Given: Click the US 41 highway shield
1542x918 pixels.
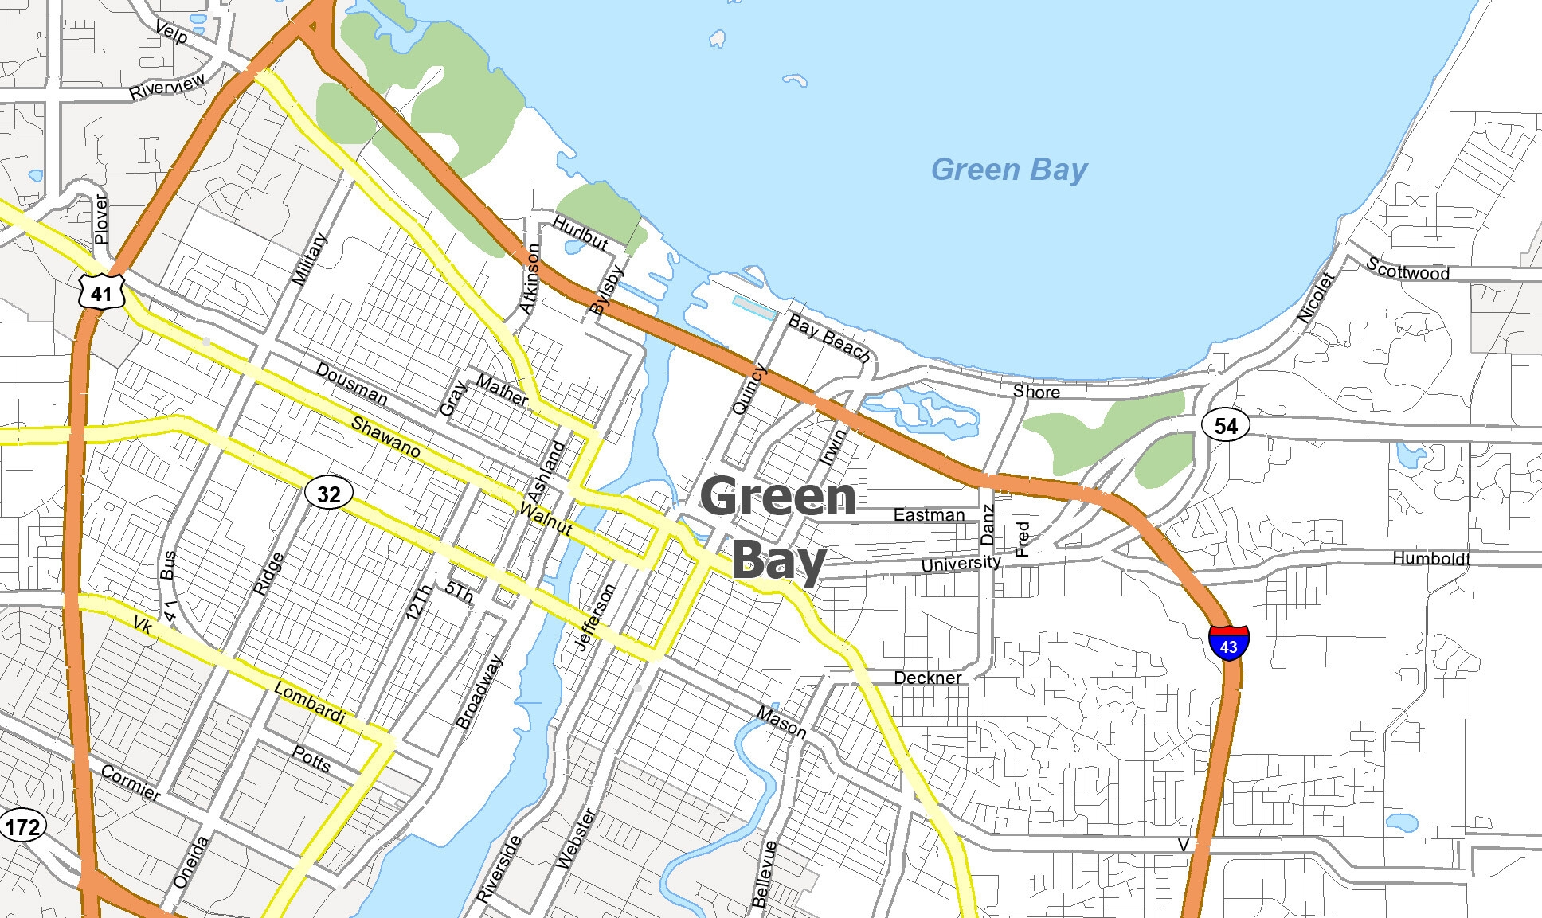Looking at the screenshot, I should click(x=101, y=293).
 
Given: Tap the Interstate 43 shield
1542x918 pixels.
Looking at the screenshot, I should click(x=1228, y=642).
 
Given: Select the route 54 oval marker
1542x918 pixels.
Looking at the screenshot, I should click(x=1226, y=425).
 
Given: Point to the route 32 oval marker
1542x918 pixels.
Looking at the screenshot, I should click(x=328, y=494).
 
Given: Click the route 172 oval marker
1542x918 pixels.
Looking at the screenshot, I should click(x=22, y=826).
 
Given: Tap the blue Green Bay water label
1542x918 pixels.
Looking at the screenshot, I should click(x=1008, y=170).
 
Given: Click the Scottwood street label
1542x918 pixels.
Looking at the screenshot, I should click(x=1407, y=269).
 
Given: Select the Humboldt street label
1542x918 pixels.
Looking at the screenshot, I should click(x=1430, y=558).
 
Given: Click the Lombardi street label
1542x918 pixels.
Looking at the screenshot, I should click(x=309, y=703).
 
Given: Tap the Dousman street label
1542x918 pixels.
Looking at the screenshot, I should click(x=351, y=384).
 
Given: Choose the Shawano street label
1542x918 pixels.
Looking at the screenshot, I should click(x=385, y=437).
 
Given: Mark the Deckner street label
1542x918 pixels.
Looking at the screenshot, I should click(x=927, y=678).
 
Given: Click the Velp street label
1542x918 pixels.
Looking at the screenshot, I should click(x=171, y=33).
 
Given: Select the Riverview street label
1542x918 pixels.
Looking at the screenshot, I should click(x=167, y=86).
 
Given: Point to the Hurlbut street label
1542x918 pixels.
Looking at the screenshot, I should click(x=581, y=232).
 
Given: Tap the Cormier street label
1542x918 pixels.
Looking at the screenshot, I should click(x=131, y=783).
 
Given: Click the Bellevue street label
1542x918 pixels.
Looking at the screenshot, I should click(x=763, y=873).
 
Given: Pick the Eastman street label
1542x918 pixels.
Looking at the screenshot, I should click(x=929, y=514).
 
